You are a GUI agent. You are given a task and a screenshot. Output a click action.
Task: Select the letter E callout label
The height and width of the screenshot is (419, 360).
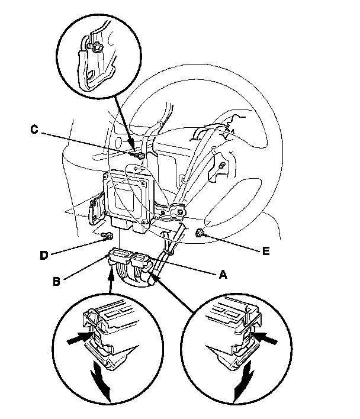coord(266,250)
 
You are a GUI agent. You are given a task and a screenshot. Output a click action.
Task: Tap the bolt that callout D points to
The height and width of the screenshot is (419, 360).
coord(106,236)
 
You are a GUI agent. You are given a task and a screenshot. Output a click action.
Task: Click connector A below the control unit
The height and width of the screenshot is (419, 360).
coord(142,261)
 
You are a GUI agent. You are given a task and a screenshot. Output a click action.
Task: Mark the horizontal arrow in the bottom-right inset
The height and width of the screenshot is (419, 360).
coord(269,339)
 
